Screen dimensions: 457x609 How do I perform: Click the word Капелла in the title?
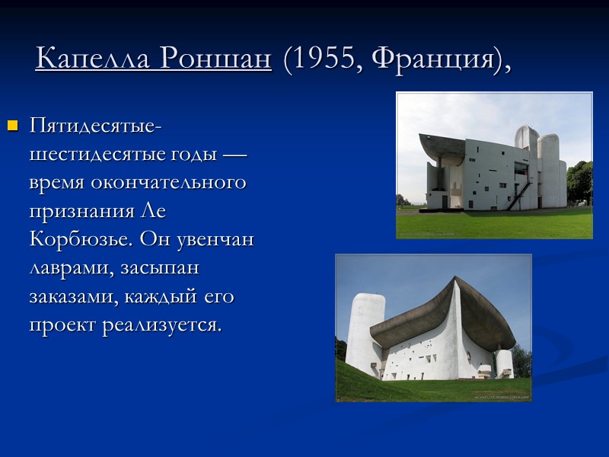coord(84,59)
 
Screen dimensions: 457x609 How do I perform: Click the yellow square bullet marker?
coord(12,125)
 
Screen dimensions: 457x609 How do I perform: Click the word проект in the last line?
coord(61,325)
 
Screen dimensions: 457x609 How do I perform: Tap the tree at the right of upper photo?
coord(580,183)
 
